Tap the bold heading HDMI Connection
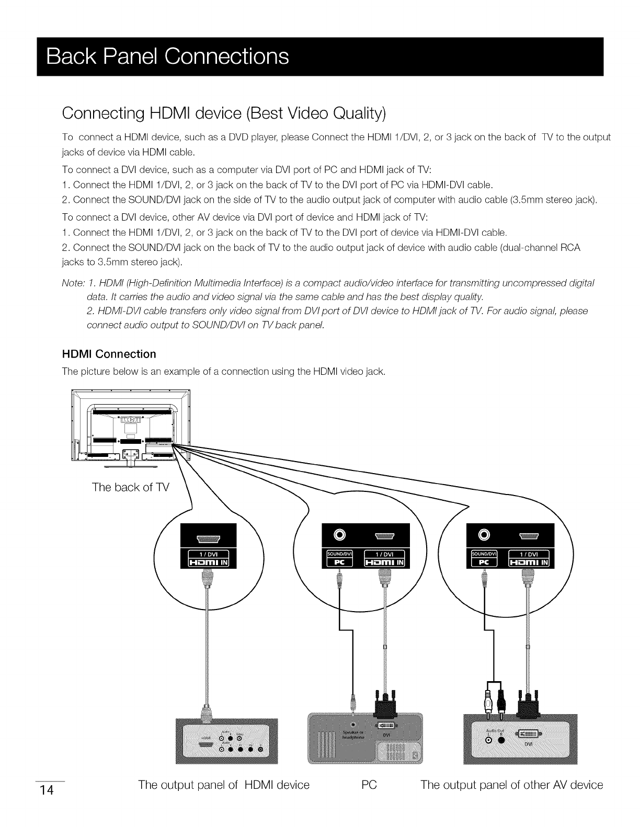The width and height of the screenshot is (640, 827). (109, 354)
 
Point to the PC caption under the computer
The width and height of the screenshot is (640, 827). (369, 785)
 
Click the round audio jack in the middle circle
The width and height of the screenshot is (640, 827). (340, 534)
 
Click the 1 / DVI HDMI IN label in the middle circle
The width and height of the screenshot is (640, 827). (385, 558)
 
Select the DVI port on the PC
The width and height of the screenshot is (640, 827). (386, 726)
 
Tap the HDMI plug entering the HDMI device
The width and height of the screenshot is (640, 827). (207, 711)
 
